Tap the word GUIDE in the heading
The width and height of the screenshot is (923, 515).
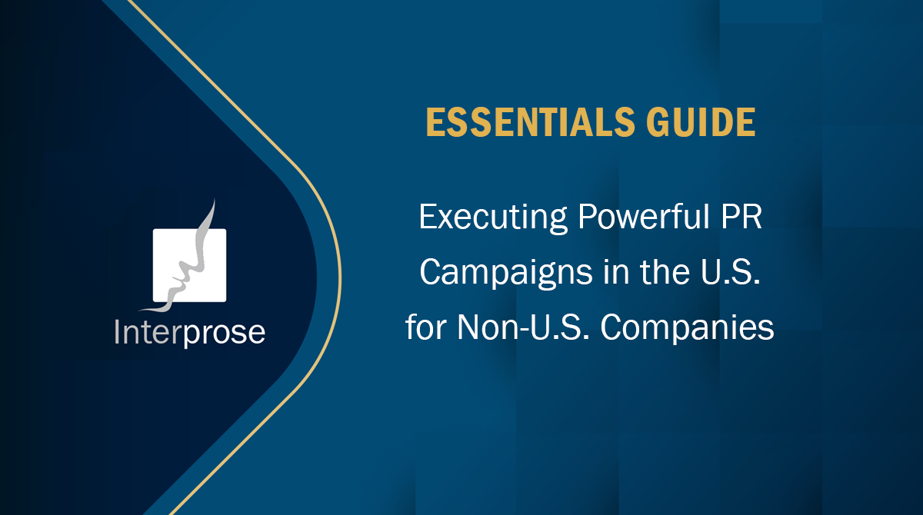(707, 124)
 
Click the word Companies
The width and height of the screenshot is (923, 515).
(687, 328)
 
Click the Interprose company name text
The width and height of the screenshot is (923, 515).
(189, 333)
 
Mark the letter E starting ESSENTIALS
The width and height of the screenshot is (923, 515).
(434, 124)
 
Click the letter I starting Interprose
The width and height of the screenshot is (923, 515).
(118, 332)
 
